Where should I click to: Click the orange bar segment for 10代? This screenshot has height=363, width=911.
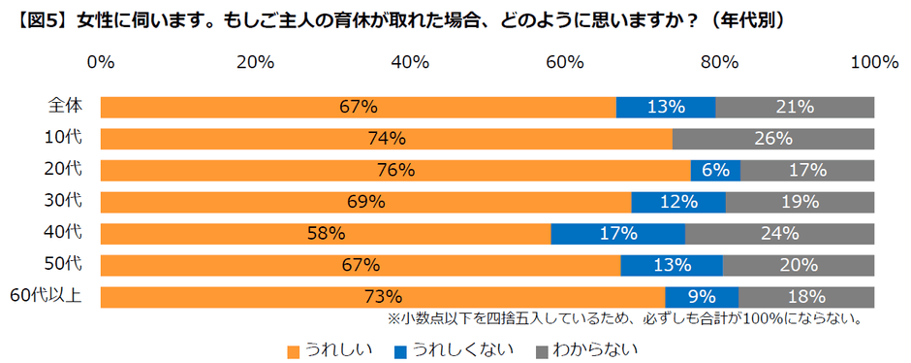pos(386,139)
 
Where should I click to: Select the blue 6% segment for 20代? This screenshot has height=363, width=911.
pos(715,171)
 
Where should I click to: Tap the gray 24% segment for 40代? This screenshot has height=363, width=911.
pos(779,234)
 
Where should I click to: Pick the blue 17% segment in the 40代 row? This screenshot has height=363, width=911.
pos(617,234)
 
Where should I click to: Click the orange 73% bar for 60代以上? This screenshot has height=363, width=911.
pos(382,297)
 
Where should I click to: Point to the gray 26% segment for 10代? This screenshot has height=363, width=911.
pos(773,139)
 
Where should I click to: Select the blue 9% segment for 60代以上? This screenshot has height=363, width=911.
pos(701,297)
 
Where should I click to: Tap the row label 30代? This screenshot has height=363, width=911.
pos(64,201)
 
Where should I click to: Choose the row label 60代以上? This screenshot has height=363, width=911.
pos(47,296)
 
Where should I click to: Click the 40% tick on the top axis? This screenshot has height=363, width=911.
pos(410,63)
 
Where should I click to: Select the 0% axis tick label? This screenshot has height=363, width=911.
pos(101,63)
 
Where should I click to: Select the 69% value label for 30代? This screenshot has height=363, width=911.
pos(366,202)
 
